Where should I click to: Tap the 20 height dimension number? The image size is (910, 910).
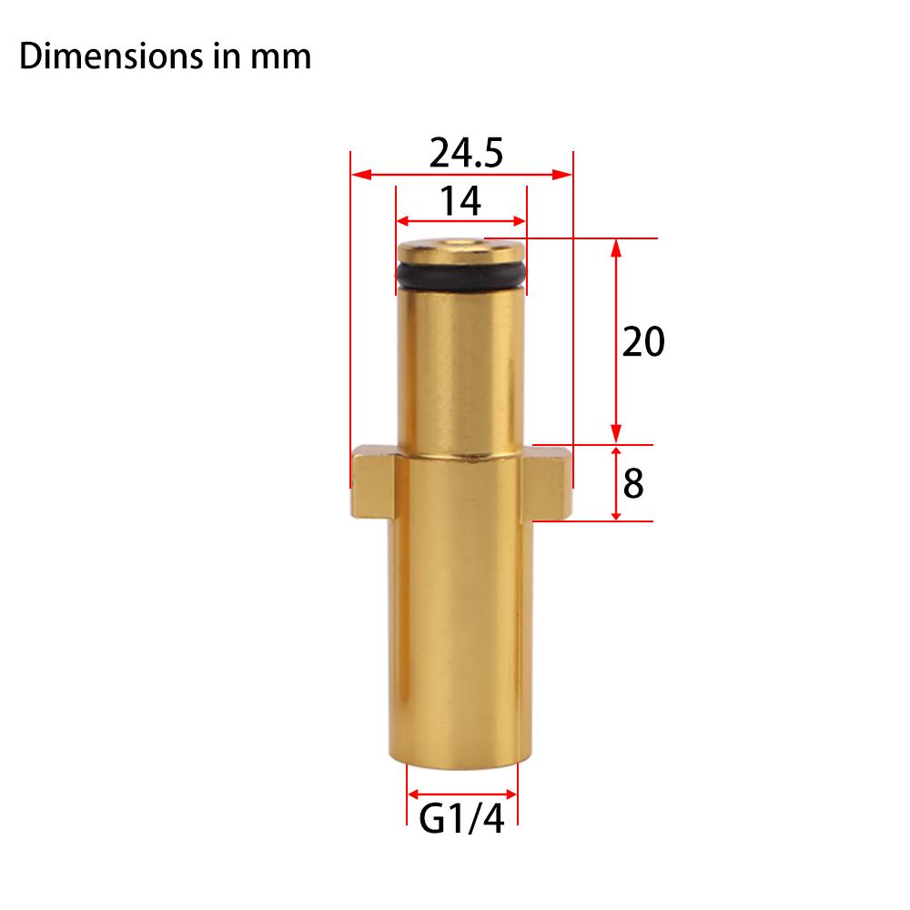click(x=644, y=343)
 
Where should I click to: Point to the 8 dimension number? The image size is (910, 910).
click(x=634, y=484)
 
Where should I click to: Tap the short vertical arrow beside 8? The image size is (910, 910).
click(x=616, y=483)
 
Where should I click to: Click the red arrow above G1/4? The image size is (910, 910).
click(x=461, y=793)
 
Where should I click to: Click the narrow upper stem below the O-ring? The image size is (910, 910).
click(x=460, y=364)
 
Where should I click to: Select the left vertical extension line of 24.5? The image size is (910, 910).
click(x=351, y=318)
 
